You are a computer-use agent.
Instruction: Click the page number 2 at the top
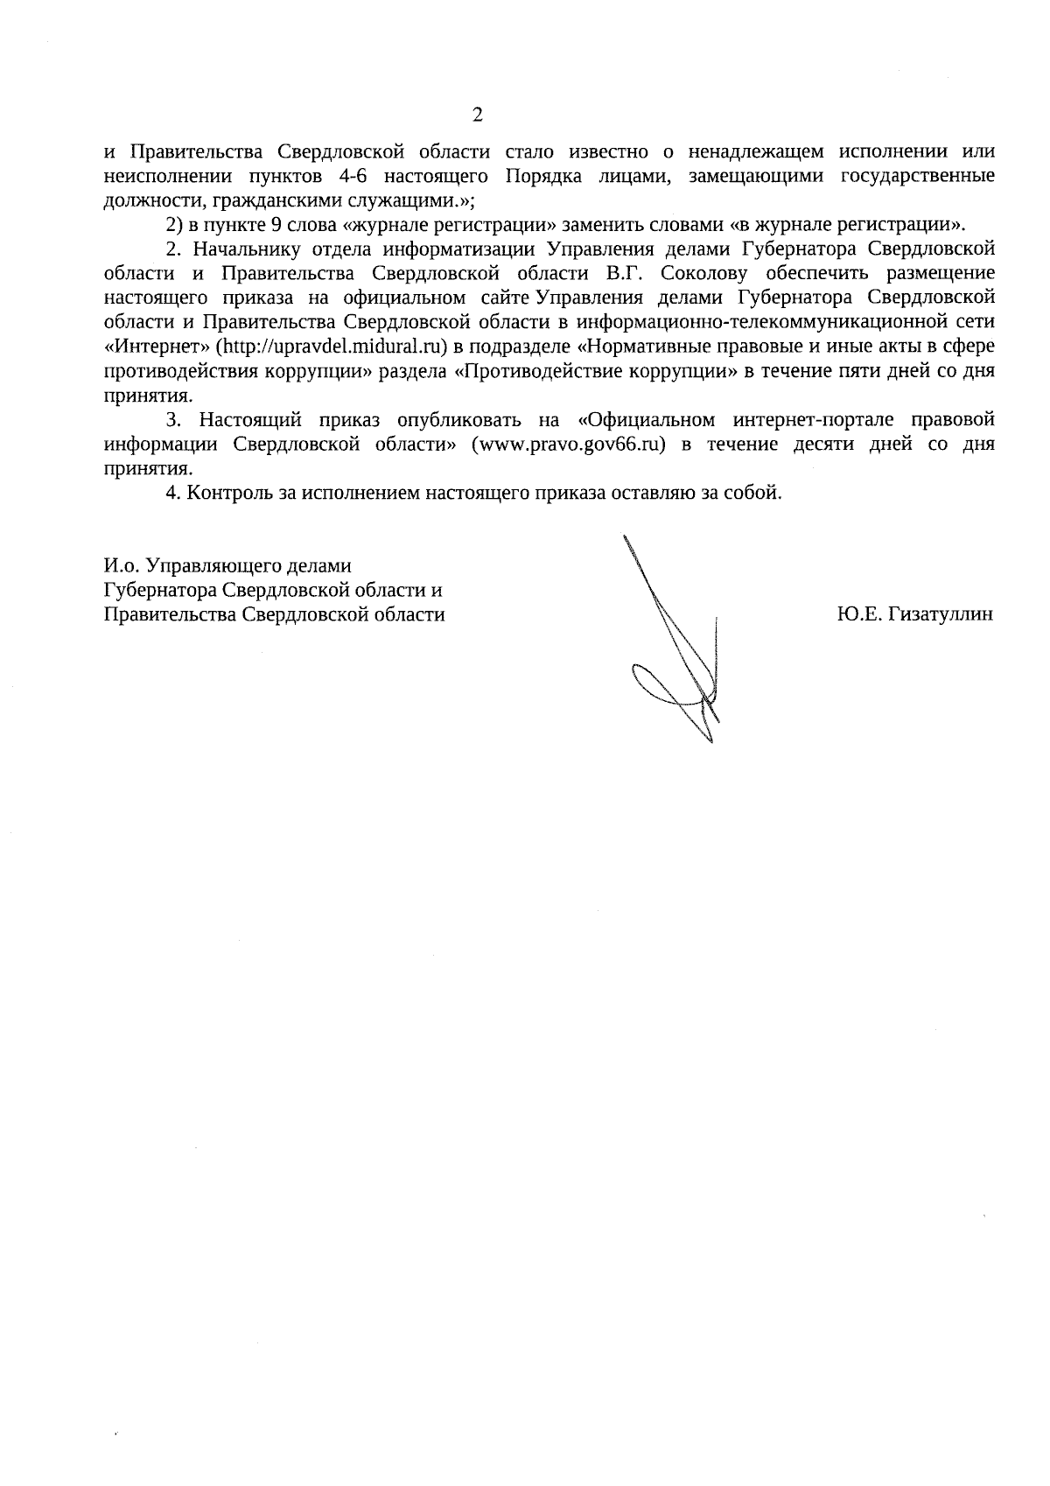477,116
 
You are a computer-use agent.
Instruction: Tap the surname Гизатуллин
941,614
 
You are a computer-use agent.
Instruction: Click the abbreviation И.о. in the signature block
121,565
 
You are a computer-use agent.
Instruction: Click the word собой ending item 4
752,493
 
